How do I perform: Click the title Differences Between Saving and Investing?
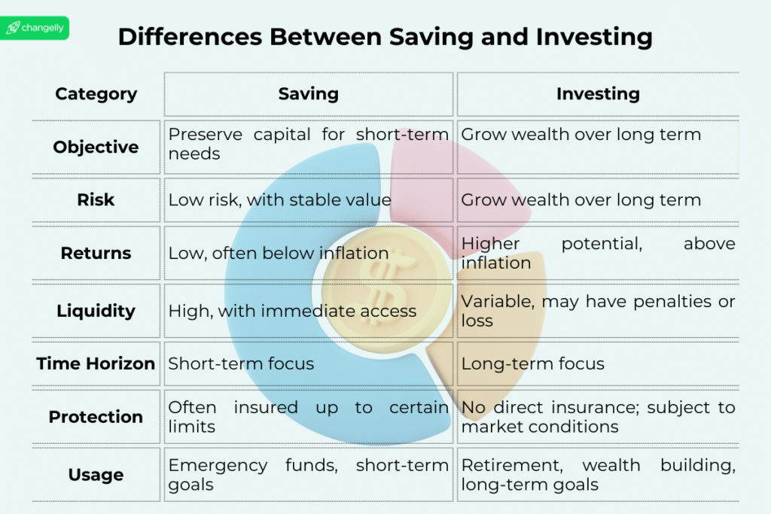(385, 37)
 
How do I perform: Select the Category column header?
(96, 94)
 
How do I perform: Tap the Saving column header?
(309, 94)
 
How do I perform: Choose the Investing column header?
(598, 94)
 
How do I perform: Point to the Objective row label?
(96, 147)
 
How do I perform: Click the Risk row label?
(96, 199)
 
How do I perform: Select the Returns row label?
(96, 253)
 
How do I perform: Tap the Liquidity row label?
(96, 311)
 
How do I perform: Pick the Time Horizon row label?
(96, 363)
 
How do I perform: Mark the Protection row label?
(96, 416)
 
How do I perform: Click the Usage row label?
(96, 475)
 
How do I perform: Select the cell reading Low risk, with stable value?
(280, 199)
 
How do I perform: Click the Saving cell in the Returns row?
(279, 253)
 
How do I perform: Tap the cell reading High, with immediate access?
(292, 311)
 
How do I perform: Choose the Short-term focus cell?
(241, 363)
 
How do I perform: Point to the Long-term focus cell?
(533, 363)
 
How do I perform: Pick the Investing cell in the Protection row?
(598, 417)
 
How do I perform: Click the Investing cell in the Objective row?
(581, 135)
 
